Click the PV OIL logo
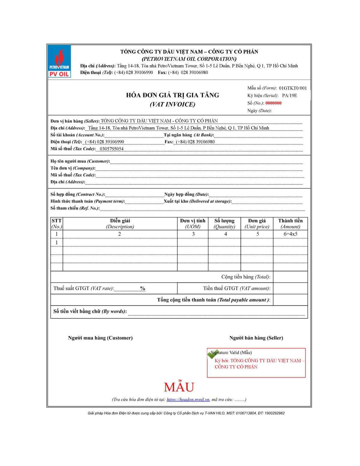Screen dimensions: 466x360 pos(59,62)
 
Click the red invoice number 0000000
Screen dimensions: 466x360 pos(273,103)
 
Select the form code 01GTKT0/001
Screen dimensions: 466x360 pos(293,88)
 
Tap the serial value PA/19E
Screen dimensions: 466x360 pos(289,95)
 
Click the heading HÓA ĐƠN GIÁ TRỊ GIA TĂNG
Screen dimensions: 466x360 pos(172,95)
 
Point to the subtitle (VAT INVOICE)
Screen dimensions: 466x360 pos(172,104)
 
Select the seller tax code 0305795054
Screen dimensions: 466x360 pos(111,149)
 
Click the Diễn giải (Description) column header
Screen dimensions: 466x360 pos(120,224)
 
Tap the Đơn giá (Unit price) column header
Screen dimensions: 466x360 pos(257,224)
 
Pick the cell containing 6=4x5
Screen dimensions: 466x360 pos(290,234)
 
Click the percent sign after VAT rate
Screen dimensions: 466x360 pos(142,288)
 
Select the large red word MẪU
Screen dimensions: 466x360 pos(179,387)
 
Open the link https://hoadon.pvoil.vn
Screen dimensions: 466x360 pos(188,399)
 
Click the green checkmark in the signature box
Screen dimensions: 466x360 pos(212,354)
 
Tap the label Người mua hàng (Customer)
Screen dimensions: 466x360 pos(100,338)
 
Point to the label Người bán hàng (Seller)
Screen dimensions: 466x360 pos(256,338)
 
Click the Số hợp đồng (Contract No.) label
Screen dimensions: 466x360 pos(78,194)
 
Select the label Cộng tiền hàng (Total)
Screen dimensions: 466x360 pos(245,277)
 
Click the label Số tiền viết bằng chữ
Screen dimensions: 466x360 pos(90,311)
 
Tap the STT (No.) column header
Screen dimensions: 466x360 pos(56,224)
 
